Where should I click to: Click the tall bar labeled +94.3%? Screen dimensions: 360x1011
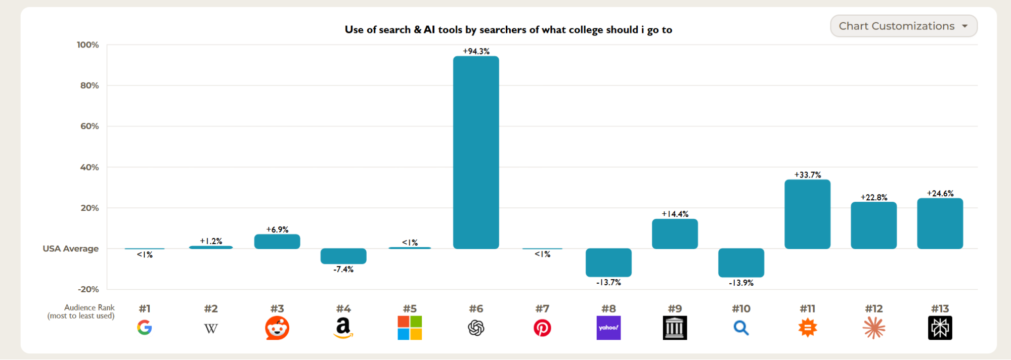tap(476, 152)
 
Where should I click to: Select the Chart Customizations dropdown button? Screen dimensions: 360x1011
tap(903, 26)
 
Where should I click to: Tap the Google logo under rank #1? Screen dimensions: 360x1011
tap(145, 328)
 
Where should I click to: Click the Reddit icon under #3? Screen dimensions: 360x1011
tap(277, 328)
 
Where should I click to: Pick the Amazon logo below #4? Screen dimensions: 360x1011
tap(343, 328)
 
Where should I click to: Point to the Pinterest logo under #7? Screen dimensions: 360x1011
tap(542, 328)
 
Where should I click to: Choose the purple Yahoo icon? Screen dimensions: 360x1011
tap(608, 328)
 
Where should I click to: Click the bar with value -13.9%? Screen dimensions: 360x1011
tap(741, 262)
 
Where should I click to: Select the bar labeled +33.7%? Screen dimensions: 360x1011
tap(807, 214)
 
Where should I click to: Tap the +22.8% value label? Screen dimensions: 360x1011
tap(873, 197)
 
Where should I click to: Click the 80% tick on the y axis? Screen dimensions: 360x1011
tap(90, 85)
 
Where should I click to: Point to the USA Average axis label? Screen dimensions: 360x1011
tap(70, 248)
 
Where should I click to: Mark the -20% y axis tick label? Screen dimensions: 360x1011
tap(89, 289)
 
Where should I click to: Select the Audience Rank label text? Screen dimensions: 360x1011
tap(89, 307)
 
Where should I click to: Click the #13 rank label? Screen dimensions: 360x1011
tap(940, 308)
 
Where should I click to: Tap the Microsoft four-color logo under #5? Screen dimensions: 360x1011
tap(410, 328)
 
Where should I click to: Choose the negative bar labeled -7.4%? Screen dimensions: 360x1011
tap(343, 256)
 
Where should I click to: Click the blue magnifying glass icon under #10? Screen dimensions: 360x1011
tap(741, 328)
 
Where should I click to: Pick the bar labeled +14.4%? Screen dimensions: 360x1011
tap(675, 234)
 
